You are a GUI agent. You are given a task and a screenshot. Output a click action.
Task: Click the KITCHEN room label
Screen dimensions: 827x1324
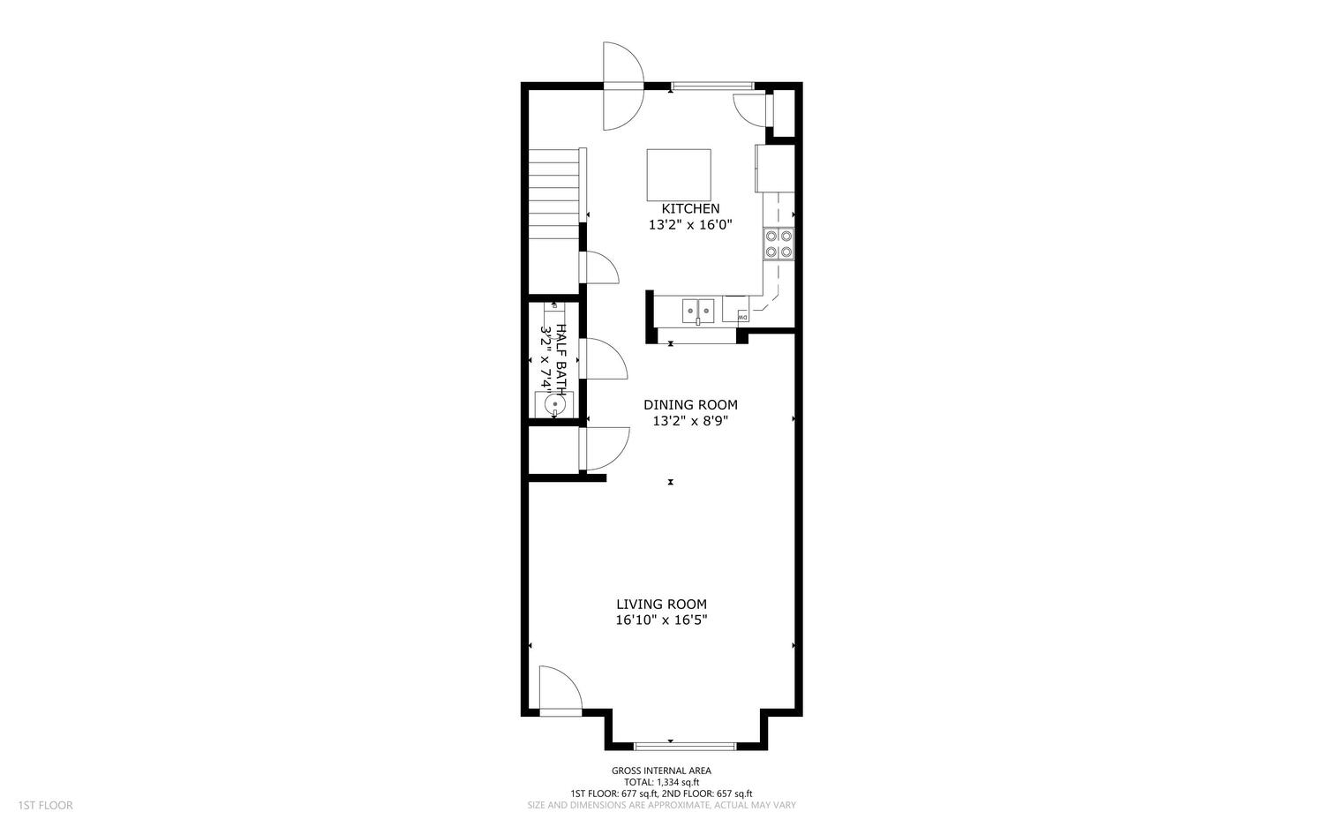(690, 209)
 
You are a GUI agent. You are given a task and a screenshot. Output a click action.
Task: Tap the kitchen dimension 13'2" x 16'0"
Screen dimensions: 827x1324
(690, 225)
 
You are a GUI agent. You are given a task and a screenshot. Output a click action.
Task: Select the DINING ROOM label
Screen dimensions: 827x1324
(690, 405)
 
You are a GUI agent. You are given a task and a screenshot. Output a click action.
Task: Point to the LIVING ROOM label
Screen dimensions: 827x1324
(661, 605)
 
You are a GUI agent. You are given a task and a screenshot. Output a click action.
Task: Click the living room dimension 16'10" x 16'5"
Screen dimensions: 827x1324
(661, 620)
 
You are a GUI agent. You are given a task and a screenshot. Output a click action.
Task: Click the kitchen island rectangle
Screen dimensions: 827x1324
(679, 176)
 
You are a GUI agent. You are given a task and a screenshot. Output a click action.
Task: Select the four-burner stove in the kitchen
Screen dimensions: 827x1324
(779, 244)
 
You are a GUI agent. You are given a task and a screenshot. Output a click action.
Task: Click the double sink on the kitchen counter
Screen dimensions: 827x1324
(698, 310)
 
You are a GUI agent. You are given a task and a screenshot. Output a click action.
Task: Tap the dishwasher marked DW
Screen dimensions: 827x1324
(742, 316)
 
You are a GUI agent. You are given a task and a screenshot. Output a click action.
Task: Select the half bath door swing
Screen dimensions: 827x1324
(602, 360)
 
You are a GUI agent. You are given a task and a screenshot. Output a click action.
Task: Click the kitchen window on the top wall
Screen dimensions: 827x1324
(712, 86)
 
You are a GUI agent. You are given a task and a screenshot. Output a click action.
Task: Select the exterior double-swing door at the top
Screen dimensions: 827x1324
(623, 86)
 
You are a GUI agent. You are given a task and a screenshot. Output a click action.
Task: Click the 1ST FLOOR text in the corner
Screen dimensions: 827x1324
(44, 805)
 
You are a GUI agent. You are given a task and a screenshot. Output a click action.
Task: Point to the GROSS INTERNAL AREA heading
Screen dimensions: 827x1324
(661, 771)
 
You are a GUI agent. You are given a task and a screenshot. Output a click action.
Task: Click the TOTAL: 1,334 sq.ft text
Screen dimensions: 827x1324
(661, 782)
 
